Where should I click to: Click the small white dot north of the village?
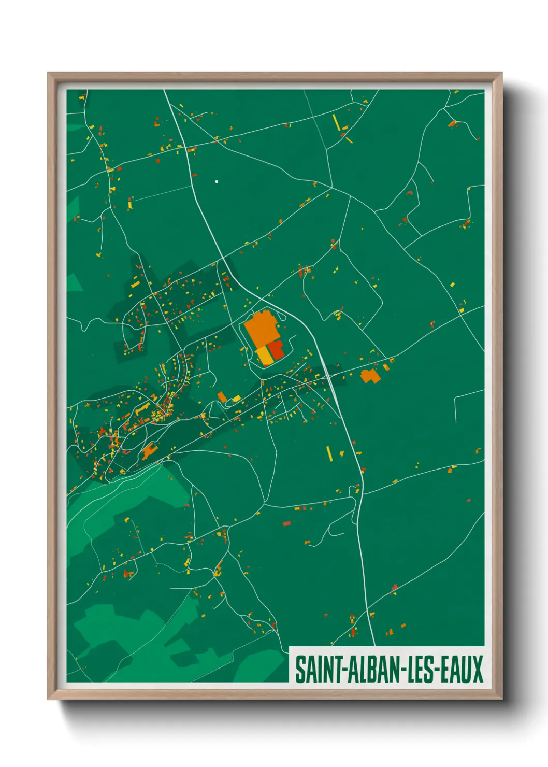click(x=217, y=181)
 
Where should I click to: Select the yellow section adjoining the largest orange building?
click(x=265, y=355)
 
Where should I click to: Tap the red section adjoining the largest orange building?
click(x=277, y=350)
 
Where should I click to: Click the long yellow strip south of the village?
click(x=329, y=453)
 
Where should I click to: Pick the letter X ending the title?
click(x=477, y=669)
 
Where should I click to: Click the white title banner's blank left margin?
click(x=292, y=669)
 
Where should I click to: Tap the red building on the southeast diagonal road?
click(x=394, y=587)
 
